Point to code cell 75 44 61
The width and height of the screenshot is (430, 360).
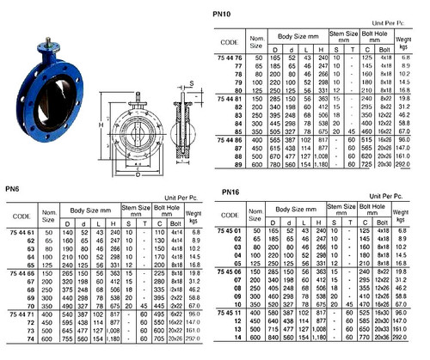[21, 233]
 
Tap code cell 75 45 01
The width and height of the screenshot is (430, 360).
[235, 229]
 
